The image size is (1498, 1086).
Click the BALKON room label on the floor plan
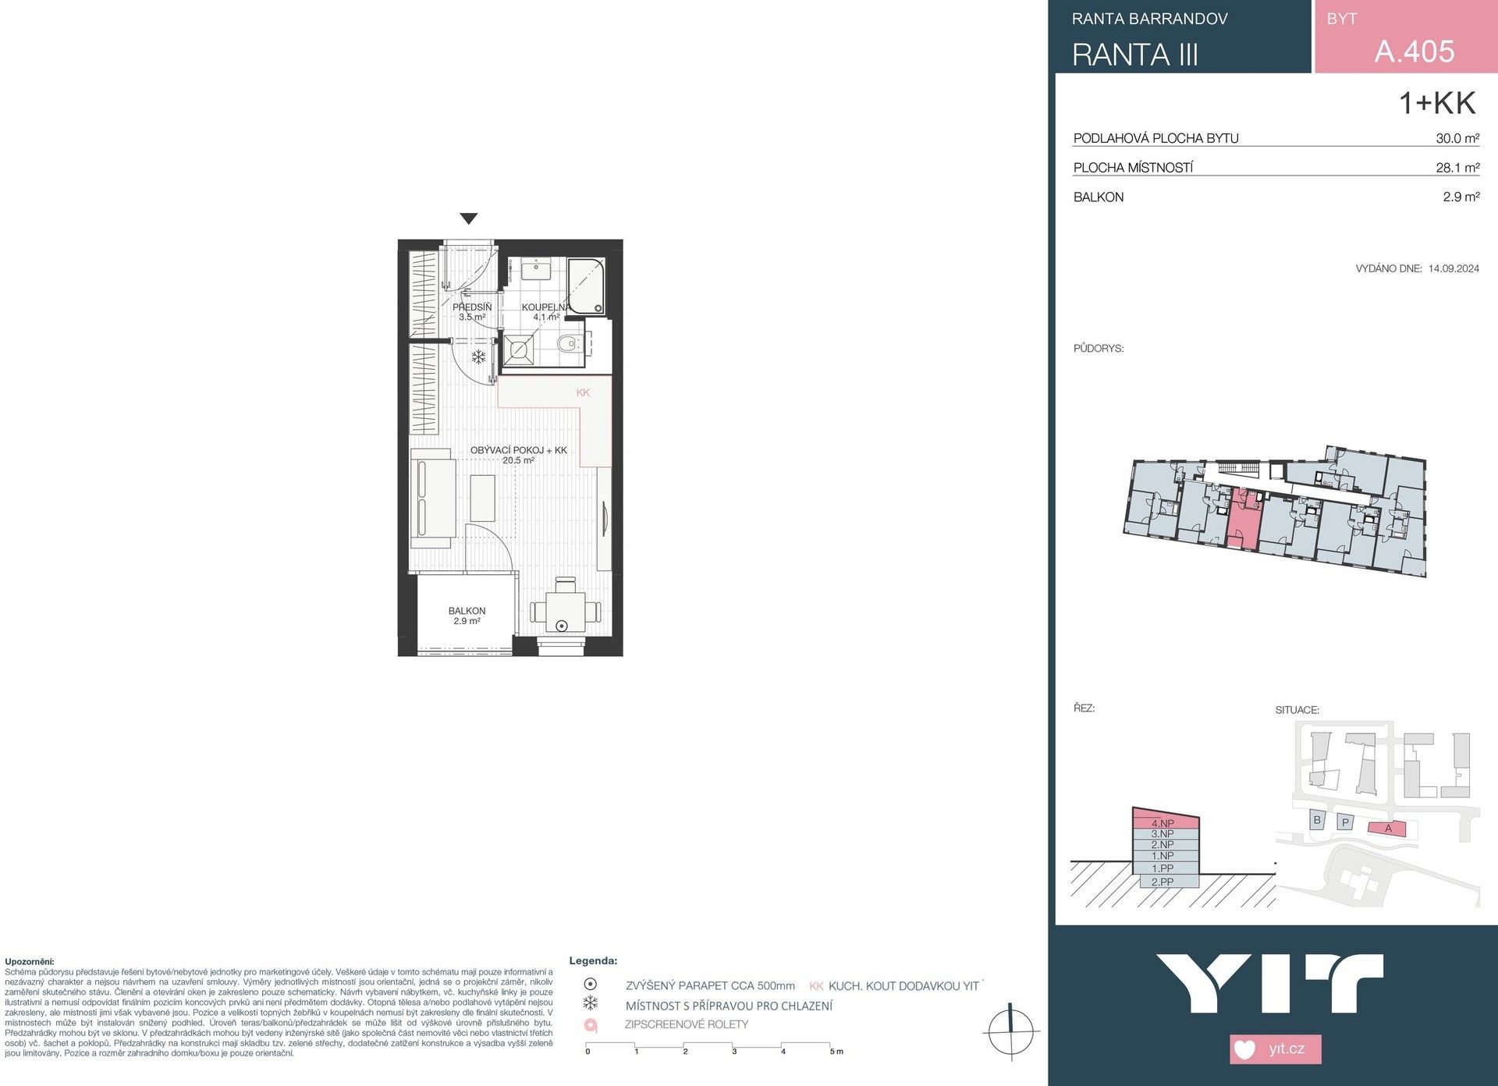coord(467,611)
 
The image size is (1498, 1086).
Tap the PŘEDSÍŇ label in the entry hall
coord(472,307)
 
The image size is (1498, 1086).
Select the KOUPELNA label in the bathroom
coord(546,307)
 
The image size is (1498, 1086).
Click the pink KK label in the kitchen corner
coord(583,392)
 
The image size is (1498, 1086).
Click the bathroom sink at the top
coord(537,271)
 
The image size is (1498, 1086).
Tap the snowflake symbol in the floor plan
coord(478,357)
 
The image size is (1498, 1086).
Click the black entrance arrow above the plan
coord(468,218)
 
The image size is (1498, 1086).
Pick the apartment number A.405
coord(1414,51)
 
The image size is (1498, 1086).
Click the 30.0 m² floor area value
coord(1457,138)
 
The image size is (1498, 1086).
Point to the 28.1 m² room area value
coord(1457,168)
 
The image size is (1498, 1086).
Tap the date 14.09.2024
coord(1454,268)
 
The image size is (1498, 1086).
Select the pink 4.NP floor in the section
coord(1163,823)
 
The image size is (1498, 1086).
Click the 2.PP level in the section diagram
coord(1163,882)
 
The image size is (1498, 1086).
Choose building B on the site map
coord(1317,820)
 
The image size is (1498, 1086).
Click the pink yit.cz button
coord(1276,1049)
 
